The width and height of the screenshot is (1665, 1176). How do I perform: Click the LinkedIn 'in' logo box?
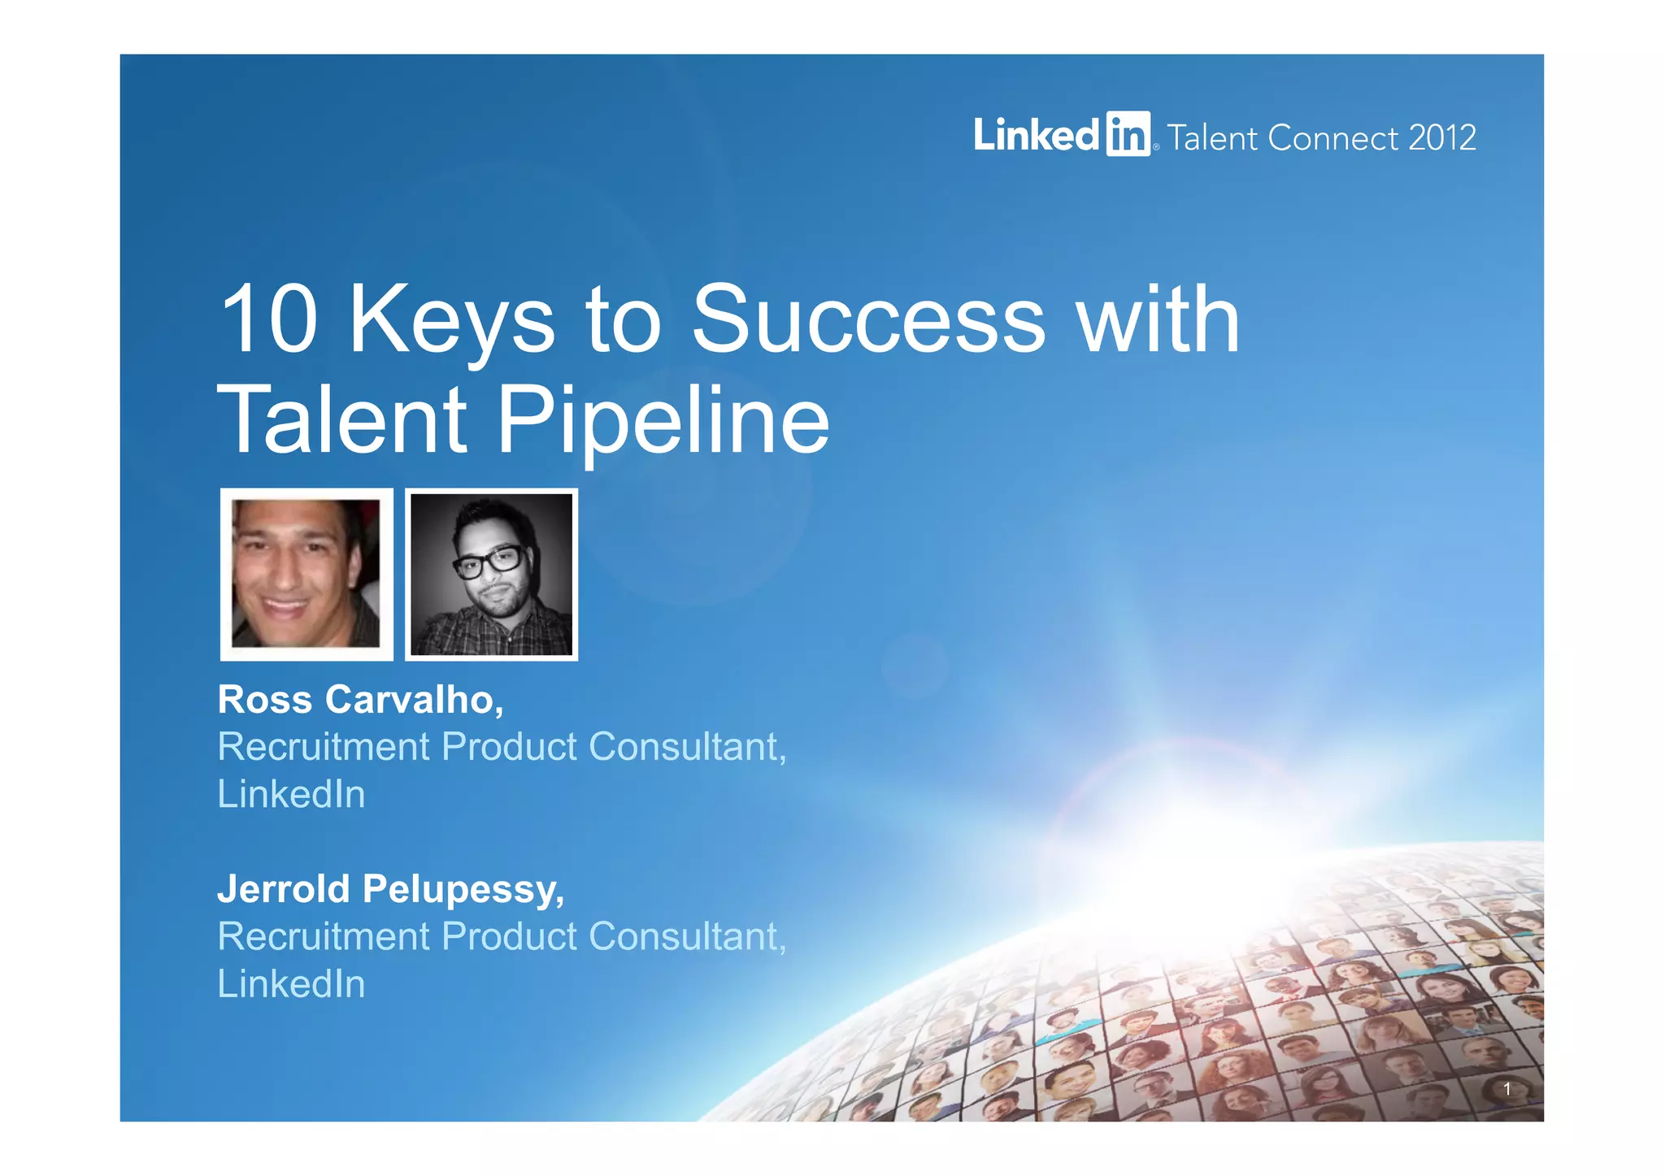click(x=1128, y=134)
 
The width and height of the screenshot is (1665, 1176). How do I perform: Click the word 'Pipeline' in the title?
click(x=663, y=421)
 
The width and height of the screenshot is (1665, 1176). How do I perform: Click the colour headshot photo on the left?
click(x=306, y=574)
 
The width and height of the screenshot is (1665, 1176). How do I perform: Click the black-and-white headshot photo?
click(x=491, y=574)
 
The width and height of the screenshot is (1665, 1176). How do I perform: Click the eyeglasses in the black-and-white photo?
click(x=489, y=562)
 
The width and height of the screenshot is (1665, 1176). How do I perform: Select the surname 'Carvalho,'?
click(x=414, y=700)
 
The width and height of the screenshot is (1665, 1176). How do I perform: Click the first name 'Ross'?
click(x=265, y=700)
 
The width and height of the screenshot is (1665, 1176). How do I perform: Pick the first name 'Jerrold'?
click(x=284, y=889)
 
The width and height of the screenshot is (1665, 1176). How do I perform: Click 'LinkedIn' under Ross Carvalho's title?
click(x=291, y=794)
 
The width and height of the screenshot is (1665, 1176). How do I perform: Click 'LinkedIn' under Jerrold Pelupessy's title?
click(x=291, y=983)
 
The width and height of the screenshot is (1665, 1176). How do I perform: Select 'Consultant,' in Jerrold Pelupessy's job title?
click(x=687, y=936)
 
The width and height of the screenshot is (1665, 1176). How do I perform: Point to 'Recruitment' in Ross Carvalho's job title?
click(x=323, y=747)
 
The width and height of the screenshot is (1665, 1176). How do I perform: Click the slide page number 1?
click(x=1506, y=1089)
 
